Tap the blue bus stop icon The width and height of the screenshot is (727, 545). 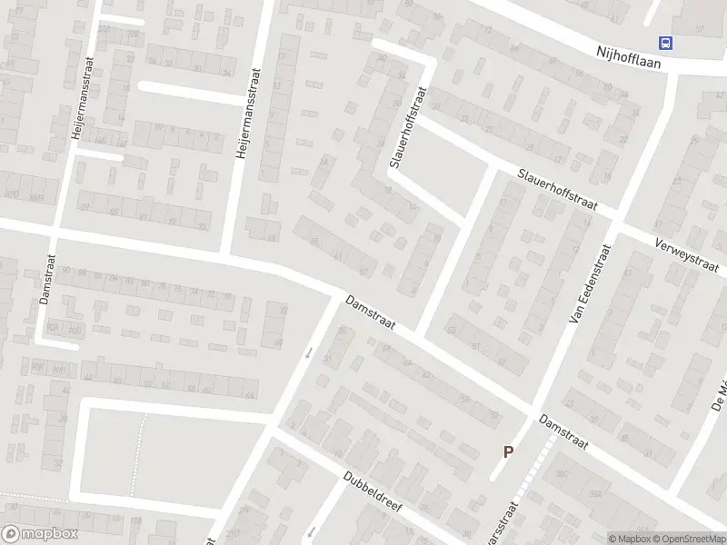tap(666, 42)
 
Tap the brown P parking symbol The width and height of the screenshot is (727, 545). tap(509, 451)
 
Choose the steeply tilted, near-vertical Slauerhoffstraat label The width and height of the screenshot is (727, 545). tap(410, 127)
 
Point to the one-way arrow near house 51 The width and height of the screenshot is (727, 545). tap(309, 352)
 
